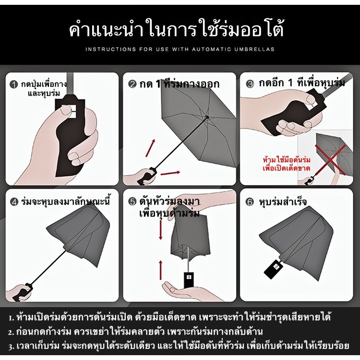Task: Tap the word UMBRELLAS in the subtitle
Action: point(254,49)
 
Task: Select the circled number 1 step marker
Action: point(14,84)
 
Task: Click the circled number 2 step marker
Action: point(132,84)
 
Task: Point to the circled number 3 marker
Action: point(250,84)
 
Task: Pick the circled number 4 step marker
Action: point(14,202)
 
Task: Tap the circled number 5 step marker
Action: point(132,202)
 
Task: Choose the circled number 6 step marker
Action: point(250,202)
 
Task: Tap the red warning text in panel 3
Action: point(287,164)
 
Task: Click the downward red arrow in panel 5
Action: point(161,229)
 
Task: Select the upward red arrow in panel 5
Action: point(161,270)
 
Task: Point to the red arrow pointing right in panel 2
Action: point(170,173)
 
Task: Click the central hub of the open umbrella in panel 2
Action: point(207,117)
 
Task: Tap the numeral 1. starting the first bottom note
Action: point(12,318)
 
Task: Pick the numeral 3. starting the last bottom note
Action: point(12,347)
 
